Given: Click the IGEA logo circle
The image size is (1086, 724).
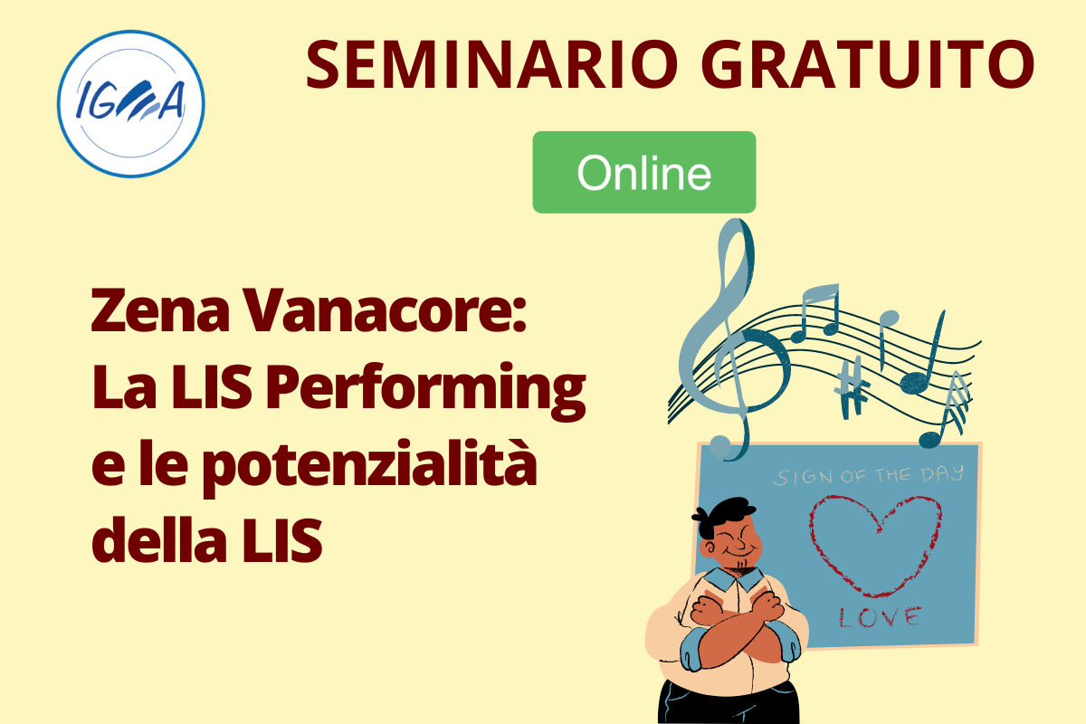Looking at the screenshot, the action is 131,104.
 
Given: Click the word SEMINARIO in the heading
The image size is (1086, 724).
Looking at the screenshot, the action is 491,65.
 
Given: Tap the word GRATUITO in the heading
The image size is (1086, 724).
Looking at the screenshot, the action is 867,65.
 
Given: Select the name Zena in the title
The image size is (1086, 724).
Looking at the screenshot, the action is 160,310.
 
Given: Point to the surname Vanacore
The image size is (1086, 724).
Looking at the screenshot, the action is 385,310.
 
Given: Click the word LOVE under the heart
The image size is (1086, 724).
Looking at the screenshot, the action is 880,617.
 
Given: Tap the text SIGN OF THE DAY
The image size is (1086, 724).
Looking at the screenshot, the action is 868,475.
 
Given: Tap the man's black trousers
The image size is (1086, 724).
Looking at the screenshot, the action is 729,703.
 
